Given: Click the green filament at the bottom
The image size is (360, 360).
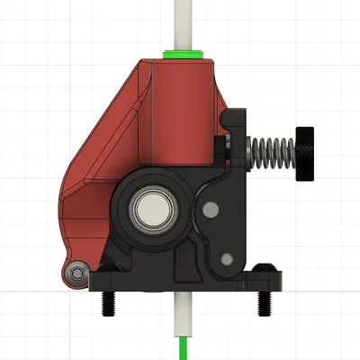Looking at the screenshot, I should tap(184, 346).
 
